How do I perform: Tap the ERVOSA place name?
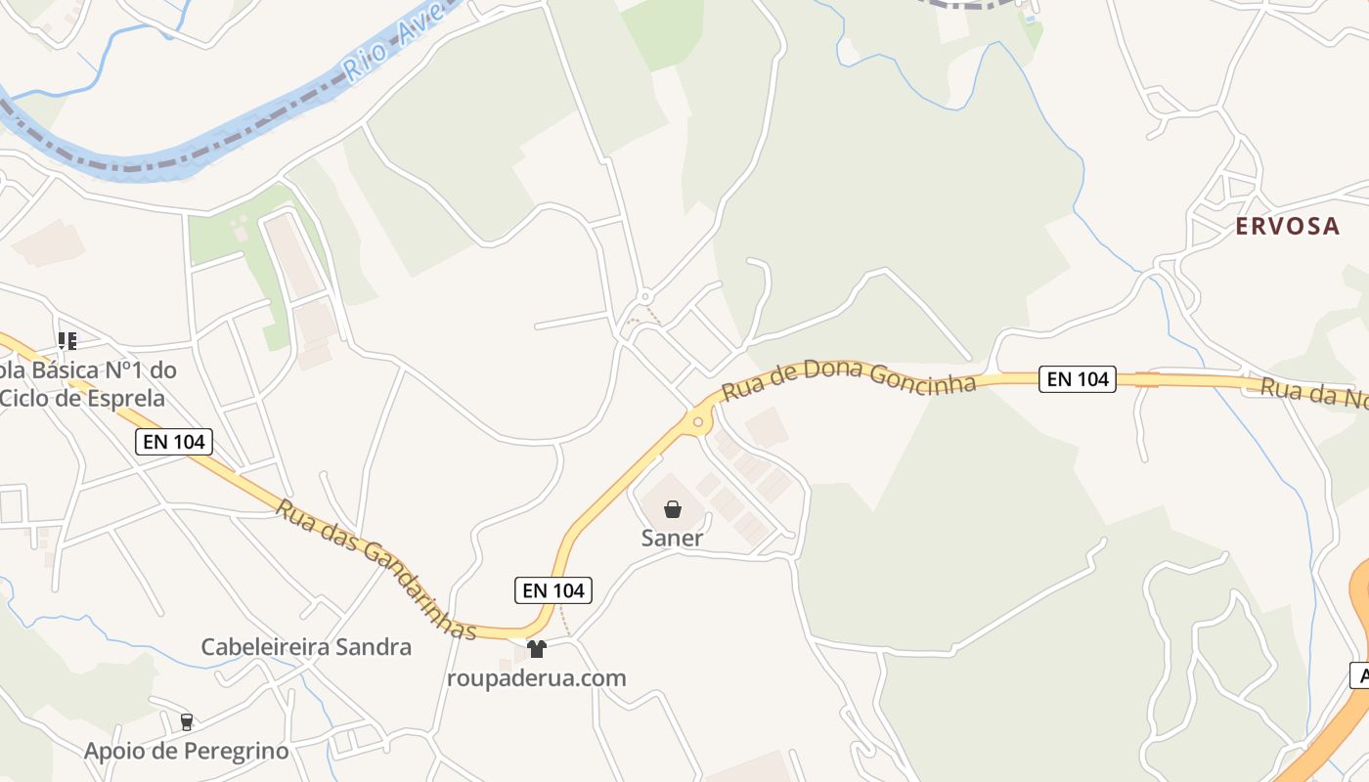[1287, 226]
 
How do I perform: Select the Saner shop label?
[672, 538]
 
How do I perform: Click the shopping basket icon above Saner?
[673, 509]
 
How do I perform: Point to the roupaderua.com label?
[536, 677]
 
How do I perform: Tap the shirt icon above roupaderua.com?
[536, 648]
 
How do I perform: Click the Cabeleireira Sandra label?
[306, 646]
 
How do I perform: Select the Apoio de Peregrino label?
[186, 751]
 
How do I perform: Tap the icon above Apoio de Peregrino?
[186, 722]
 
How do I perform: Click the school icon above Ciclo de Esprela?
[66, 341]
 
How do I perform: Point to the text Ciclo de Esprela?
[83, 398]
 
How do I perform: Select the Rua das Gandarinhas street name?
[375, 570]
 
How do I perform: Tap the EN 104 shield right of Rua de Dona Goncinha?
[1078, 379]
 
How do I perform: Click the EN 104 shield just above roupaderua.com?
[553, 589]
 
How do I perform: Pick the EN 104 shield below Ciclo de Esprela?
[174, 442]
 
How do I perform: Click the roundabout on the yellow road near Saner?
[698, 422]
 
